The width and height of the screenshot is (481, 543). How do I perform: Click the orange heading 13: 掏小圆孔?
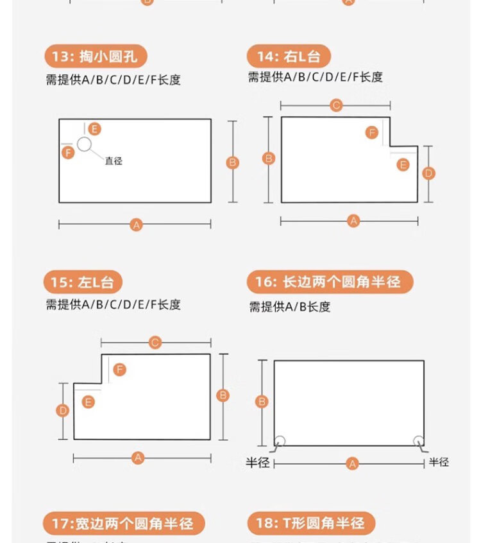pyautogui.click(x=96, y=56)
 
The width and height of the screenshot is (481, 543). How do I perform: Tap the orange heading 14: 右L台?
pyautogui.click(x=289, y=56)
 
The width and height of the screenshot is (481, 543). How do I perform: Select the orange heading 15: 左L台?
pyautogui.click(x=83, y=282)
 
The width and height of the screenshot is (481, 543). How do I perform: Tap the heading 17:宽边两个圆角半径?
pyautogui.click(x=123, y=524)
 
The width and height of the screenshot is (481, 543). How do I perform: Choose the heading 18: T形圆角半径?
pyautogui.click(x=311, y=524)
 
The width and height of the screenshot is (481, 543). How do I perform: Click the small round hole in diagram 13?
pyautogui.click(x=84, y=144)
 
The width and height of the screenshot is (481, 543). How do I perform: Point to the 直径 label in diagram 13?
pyautogui.click(x=114, y=161)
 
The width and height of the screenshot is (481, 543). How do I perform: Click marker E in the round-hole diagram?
pyautogui.click(x=95, y=128)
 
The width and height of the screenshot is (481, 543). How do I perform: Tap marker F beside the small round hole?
pyautogui.click(x=68, y=152)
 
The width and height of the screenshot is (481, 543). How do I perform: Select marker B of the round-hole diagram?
pyautogui.click(x=233, y=162)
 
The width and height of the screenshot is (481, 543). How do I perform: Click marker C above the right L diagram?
pyautogui.click(x=336, y=105)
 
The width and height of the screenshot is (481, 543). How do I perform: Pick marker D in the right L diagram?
pyautogui.click(x=429, y=173)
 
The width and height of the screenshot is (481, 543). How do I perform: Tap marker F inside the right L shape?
pyautogui.click(x=371, y=133)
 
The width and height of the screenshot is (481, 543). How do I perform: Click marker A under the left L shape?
pyautogui.click(x=138, y=458)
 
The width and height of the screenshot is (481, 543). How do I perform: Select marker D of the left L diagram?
pyautogui.click(x=63, y=410)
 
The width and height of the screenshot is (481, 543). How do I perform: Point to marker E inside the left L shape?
pyautogui.click(x=89, y=402)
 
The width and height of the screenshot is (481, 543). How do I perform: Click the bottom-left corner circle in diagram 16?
pyautogui.click(x=280, y=441)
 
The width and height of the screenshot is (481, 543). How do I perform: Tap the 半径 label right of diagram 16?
pyautogui.click(x=439, y=461)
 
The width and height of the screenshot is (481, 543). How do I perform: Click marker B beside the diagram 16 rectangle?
pyautogui.click(x=262, y=402)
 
